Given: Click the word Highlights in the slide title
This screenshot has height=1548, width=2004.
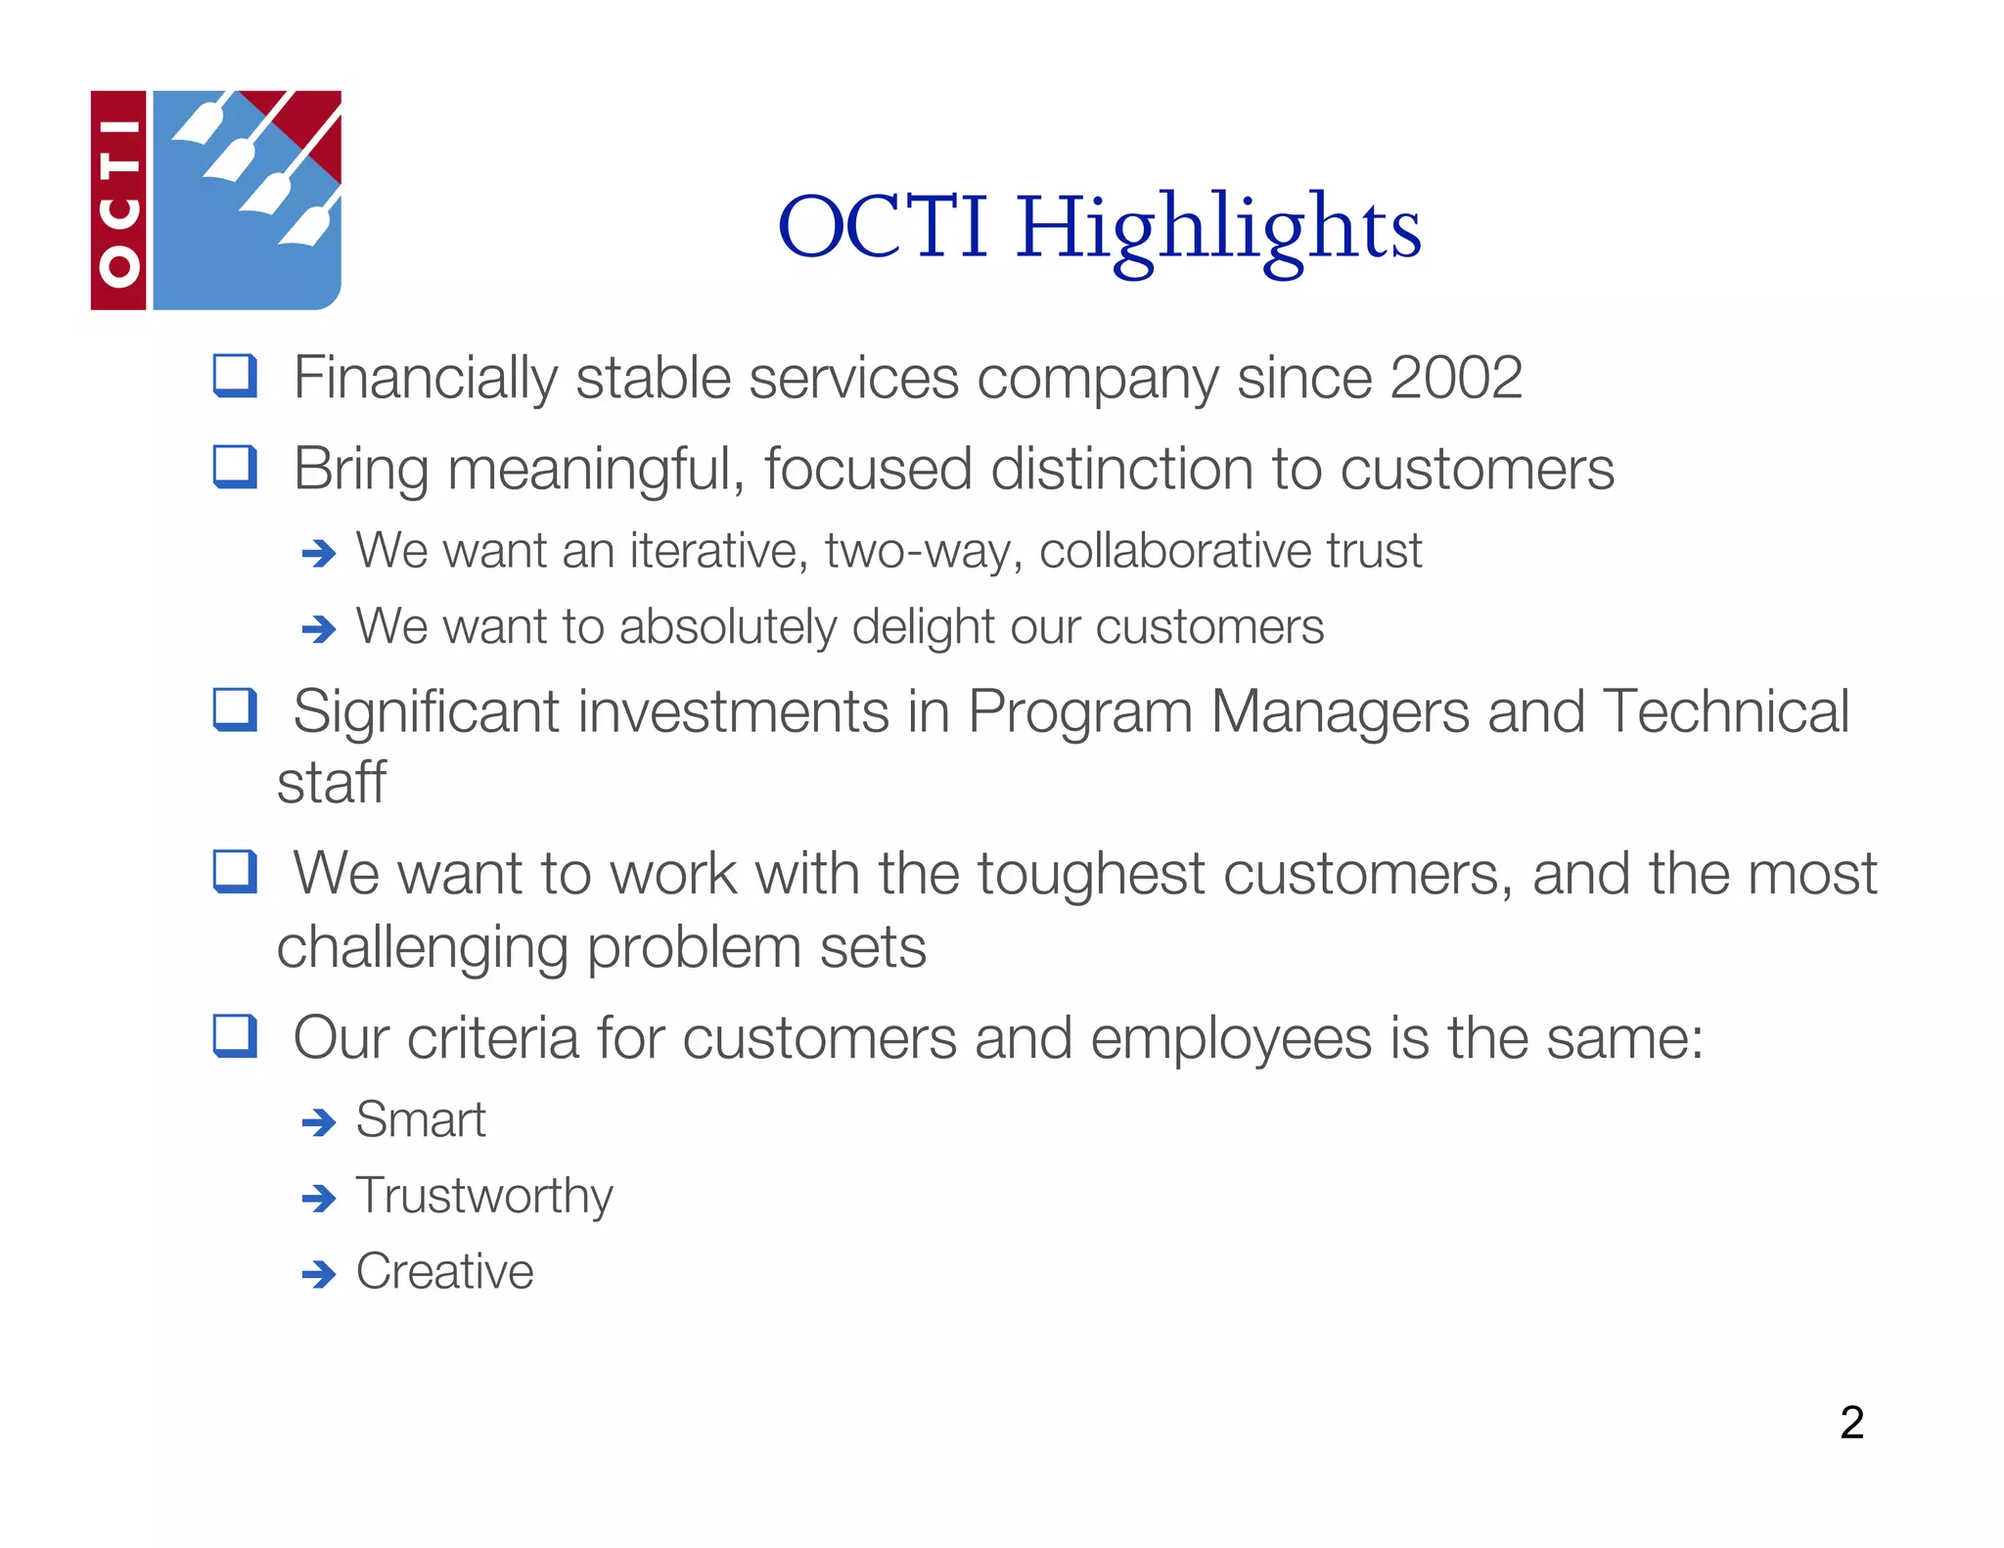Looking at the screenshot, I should pyautogui.click(x=1217, y=229).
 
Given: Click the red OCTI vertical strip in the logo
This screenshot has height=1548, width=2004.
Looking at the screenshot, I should pyautogui.click(x=118, y=201).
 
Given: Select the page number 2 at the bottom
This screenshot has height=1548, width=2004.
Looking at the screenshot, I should pyautogui.click(x=1850, y=1422).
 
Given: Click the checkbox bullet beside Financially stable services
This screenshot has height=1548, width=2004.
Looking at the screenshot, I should pyautogui.click(x=235, y=376).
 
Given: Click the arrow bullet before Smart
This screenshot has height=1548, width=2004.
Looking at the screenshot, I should pyautogui.click(x=319, y=1121).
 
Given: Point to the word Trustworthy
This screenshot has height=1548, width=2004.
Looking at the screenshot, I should pyautogui.click(x=483, y=1196).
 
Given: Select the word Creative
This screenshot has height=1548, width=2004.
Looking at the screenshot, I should pyautogui.click(x=444, y=1271).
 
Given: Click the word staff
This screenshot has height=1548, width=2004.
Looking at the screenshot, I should pyautogui.click(x=331, y=783).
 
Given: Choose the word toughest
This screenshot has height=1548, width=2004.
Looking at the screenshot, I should pyautogui.click(x=1090, y=874).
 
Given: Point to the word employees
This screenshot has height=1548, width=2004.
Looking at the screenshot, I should pyautogui.click(x=1230, y=1039).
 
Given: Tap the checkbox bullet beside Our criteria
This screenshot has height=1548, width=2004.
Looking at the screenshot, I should pyautogui.click(x=235, y=1036).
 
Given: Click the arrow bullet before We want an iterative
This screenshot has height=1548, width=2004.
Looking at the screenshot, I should pyautogui.click(x=319, y=554).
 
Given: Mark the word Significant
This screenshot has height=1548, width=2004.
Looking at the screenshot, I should pyautogui.click(x=426, y=711).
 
